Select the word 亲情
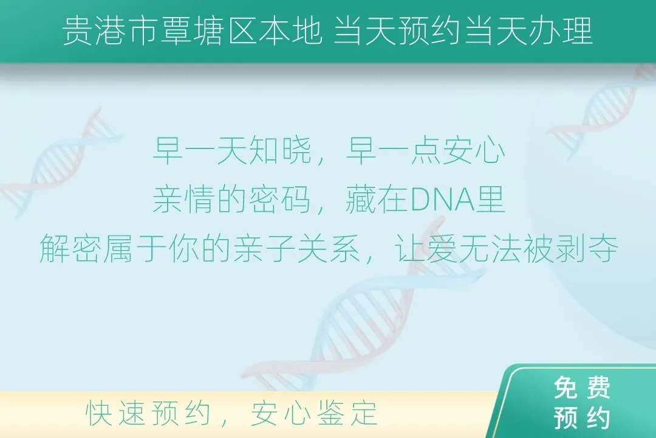pyautogui.click(x=184, y=200)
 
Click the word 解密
pyautogui.click(x=71, y=249)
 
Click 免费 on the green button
pyautogui.click(x=582, y=388)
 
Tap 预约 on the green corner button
pyautogui.click(x=582, y=417)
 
